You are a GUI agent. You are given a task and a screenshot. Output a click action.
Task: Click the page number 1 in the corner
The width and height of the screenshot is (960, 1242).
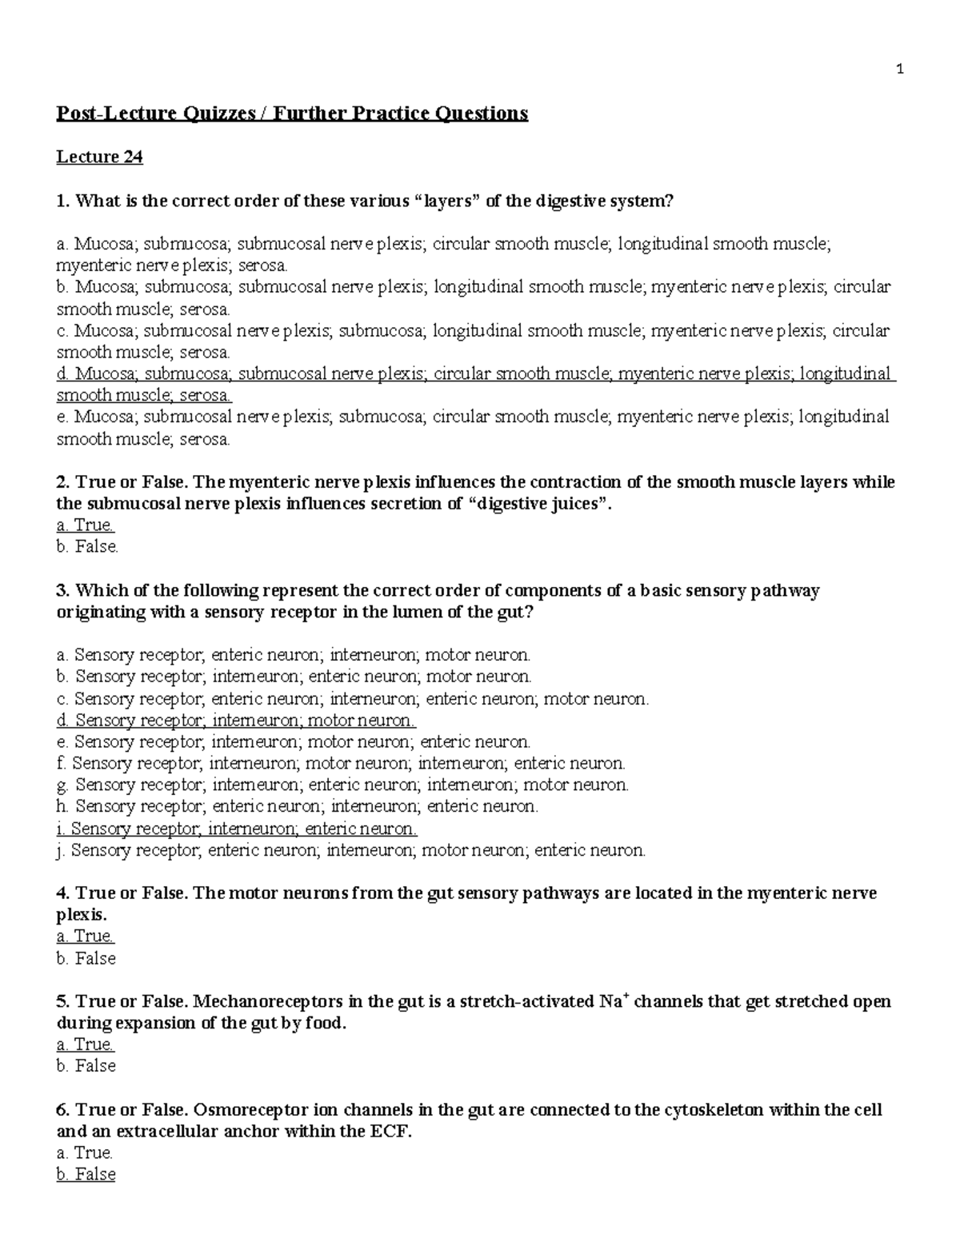(900, 70)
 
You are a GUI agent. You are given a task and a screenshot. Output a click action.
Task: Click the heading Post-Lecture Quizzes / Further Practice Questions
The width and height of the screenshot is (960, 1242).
(292, 114)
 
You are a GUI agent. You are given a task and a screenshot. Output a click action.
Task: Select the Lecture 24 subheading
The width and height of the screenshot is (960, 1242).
(99, 157)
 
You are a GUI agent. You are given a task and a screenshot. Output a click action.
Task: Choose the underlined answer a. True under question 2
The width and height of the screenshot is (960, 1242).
(86, 525)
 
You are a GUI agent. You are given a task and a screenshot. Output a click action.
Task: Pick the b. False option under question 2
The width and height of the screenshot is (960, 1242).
(87, 547)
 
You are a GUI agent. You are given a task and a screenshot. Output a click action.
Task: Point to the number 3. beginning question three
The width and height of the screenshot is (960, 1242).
(63, 591)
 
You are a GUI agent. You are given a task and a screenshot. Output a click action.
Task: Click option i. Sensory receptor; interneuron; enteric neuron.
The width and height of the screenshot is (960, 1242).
(237, 829)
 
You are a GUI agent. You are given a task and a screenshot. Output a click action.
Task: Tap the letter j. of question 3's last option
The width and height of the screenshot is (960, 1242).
(60, 850)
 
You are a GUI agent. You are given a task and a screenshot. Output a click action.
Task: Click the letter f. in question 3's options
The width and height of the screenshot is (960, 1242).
(62, 764)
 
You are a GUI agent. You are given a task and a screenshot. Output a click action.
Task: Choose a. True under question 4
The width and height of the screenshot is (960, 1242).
(86, 936)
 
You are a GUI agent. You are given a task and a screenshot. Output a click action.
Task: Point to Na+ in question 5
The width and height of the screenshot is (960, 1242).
(612, 1002)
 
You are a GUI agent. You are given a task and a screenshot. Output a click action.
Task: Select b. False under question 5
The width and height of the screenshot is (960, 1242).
(86, 1066)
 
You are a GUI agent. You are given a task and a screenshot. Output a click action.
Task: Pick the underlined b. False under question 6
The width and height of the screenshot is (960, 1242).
(86, 1175)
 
